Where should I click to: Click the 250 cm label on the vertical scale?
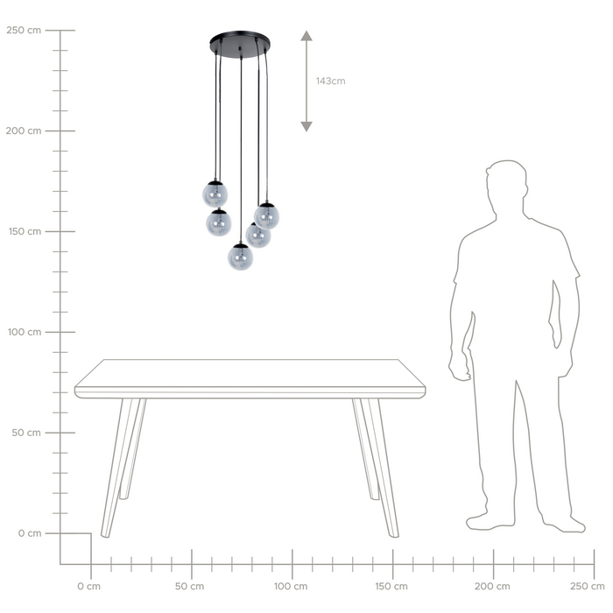(23, 31)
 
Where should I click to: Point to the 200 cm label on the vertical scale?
(23, 131)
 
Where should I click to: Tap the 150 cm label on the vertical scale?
(23, 232)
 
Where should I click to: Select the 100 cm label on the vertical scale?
(23, 333)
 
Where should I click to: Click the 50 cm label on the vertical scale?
(25, 433)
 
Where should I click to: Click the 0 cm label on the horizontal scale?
(88, 586)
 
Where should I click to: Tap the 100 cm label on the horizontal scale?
(291, 586)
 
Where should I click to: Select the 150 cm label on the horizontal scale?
(391, 586)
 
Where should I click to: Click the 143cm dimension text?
(331, 81)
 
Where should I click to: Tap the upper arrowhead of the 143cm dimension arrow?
(306, 37)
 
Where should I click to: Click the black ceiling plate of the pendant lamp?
(241, 43)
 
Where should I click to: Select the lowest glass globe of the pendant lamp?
(241, 256)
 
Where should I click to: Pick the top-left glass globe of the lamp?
(215, 194)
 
